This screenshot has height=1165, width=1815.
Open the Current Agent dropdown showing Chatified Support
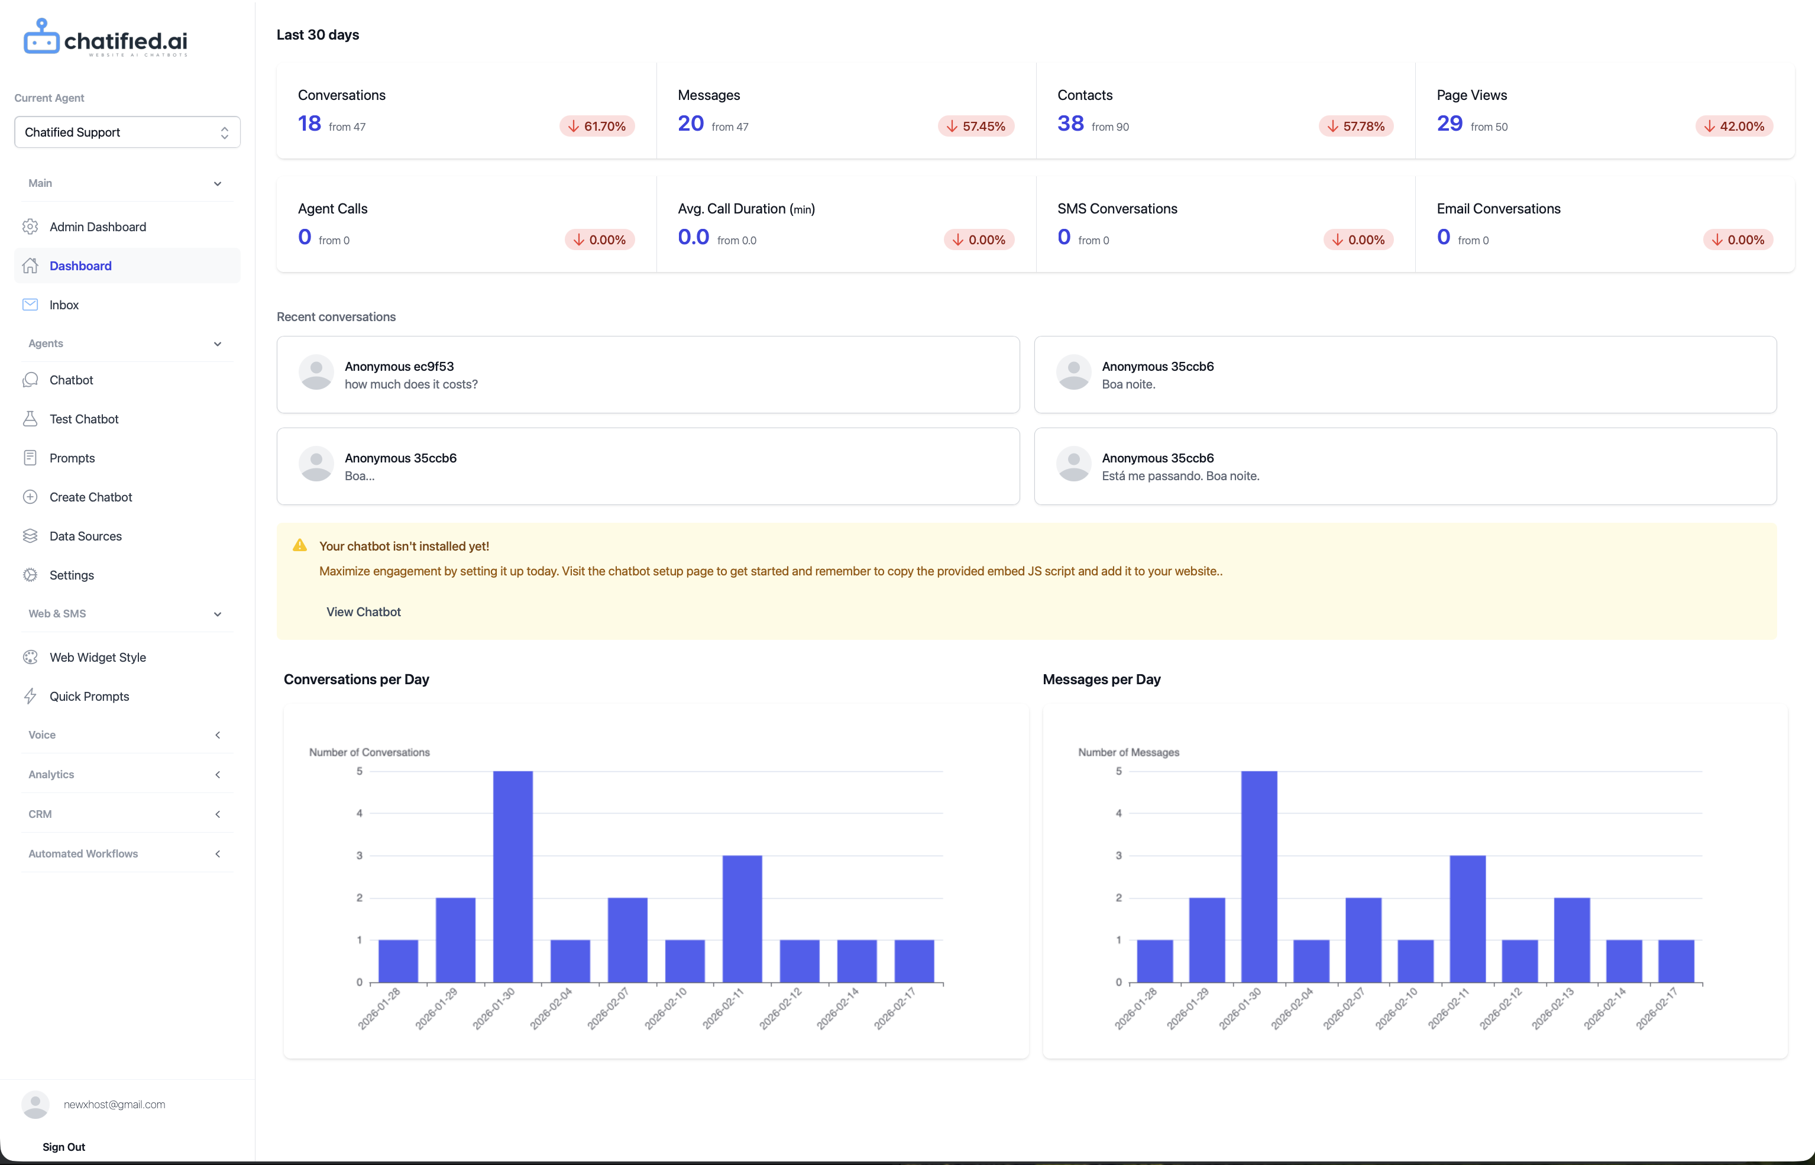click(127, 132)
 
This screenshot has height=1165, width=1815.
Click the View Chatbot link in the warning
click(363, 612)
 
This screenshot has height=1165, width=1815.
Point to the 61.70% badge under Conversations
click(597, 127)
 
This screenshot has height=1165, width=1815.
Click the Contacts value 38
click(1070, 124)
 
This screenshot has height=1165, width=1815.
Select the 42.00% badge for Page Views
click(1734, 127)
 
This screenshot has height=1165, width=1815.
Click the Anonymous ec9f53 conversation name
click(399, 366)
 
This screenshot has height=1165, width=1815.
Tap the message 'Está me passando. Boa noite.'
click(1180, 476)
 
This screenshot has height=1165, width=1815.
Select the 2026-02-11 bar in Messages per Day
click(1468, 918)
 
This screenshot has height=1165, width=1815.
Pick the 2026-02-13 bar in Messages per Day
click(1572, 940)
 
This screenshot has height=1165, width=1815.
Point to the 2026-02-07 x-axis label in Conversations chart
click(609, 1009)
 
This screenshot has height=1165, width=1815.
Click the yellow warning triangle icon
click(300, 545)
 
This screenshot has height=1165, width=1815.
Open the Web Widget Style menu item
click(98, 658)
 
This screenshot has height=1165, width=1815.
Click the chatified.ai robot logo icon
click(41, 37)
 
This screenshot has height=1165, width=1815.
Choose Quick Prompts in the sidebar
click(89, 697)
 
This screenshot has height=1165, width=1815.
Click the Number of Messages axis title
click(1128, 752)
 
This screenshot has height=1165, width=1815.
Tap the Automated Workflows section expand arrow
click(218, 854)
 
